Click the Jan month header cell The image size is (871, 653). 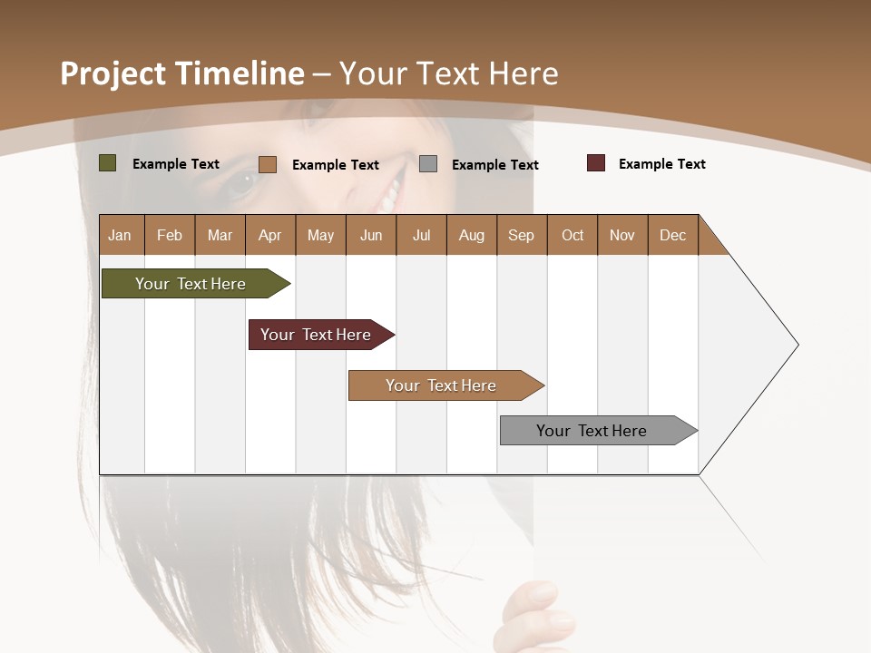[121, 235]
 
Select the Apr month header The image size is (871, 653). [269, 235]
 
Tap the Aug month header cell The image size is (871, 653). [471, 235]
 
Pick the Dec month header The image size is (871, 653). [672, 235]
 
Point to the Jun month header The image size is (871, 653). [370, 235]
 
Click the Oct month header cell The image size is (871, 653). [572, 235]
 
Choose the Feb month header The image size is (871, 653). [170, 235]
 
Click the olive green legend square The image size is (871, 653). [108, 163]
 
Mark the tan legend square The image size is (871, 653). [268, 164]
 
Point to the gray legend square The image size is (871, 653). [428, 163]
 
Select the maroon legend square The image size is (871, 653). [596, 163]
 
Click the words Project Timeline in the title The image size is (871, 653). [181, 73]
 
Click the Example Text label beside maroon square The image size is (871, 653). [661, 164]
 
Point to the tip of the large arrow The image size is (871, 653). [796, 345]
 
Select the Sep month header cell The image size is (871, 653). [521, 235]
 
